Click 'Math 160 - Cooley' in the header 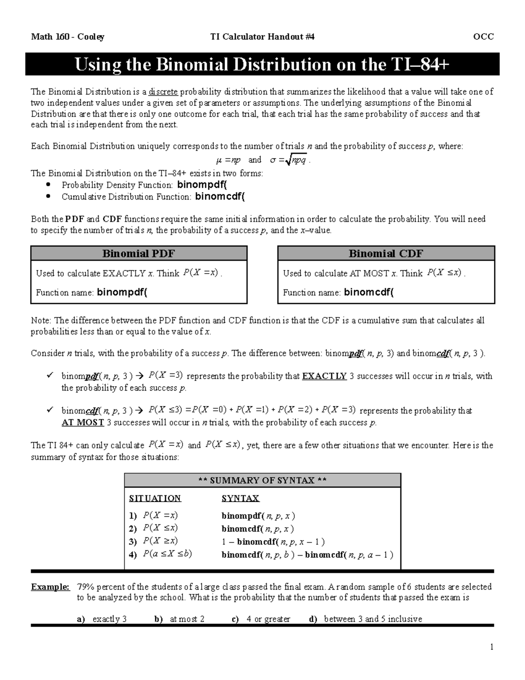coord(67,37)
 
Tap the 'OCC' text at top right coord(484,37)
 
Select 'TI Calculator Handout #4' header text coord(262,37)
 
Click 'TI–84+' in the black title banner coord(418,65)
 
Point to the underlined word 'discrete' coord(163,92)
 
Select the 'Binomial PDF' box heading coord(139,254)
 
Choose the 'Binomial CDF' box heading coord(386,254)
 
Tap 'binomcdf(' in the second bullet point coord(220,197)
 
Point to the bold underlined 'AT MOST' coord(83,423)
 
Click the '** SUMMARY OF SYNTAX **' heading coord(262,480)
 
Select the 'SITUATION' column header coord(155,498)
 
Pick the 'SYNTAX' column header coord(240,498)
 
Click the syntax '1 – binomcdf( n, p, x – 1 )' coord(273,542)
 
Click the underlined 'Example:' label coord(50,587)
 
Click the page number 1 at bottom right coord(492,647)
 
